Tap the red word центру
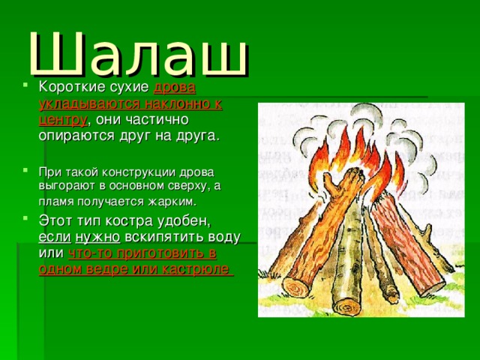pyautogui.click(x=63, y=120)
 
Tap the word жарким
pyautogui.click(x=178, y=201)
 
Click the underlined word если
pyautogui.click(x=53, y=237)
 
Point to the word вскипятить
pyautogui.click(x=159, y=237)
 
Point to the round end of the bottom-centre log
pyautogui.click(x=346, y=307)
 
